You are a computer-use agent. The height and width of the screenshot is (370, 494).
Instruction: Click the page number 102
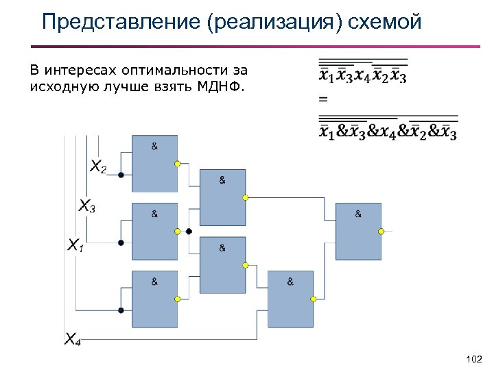click(473, 359)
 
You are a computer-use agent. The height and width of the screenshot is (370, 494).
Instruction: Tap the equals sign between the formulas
click(323, 100)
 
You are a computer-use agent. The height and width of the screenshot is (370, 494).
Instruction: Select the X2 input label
click(98, 166)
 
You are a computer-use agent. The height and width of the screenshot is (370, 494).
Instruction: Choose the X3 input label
click(86, 205)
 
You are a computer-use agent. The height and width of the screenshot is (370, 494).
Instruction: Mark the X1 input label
click(75, 244)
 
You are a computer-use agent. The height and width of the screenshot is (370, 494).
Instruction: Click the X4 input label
click(72, 338)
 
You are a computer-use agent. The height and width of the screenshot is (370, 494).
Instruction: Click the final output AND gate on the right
click(358, 232)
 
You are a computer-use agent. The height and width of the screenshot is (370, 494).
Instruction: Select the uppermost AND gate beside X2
click(154, 164)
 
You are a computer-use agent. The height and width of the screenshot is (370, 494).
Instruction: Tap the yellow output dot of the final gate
click(382, 232)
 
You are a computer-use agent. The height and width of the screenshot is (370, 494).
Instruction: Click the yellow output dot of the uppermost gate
click(178, 164)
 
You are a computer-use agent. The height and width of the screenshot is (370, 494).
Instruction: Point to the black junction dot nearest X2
click(121, 175)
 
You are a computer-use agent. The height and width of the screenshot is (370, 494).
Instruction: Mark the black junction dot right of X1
click(121, 242)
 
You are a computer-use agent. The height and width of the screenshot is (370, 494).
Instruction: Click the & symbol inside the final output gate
click(358, 214)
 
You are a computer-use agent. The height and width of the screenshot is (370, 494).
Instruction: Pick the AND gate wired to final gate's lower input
click(290, 299)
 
